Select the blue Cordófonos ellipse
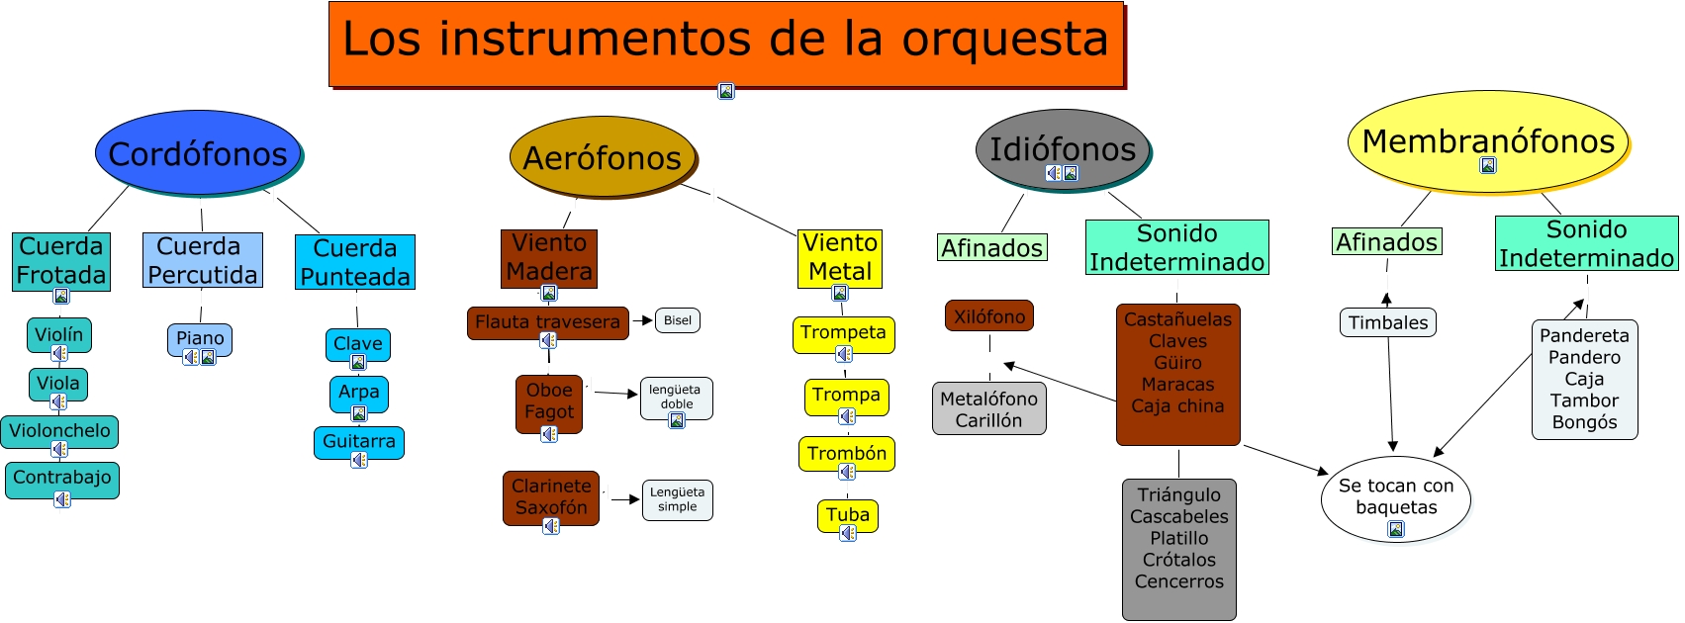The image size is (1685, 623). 198,153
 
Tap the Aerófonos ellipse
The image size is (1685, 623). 603,157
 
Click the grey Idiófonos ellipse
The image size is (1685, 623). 1063,148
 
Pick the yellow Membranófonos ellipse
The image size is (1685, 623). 1487,140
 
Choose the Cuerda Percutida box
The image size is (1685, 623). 202,260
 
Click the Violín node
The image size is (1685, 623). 59,334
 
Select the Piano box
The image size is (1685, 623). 200,338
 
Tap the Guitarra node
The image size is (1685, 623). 358,441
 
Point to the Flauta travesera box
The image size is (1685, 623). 547,321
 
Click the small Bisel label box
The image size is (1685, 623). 678,320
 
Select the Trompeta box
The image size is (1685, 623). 843,332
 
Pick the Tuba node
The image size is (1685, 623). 848,514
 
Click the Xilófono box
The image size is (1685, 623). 989,316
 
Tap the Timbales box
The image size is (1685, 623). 1388,322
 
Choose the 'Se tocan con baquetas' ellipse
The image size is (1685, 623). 1395,497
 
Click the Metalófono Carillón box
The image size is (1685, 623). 988,408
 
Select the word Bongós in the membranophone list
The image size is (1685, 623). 1584,422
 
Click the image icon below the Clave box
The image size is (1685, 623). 358,362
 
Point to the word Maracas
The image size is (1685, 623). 1177,384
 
